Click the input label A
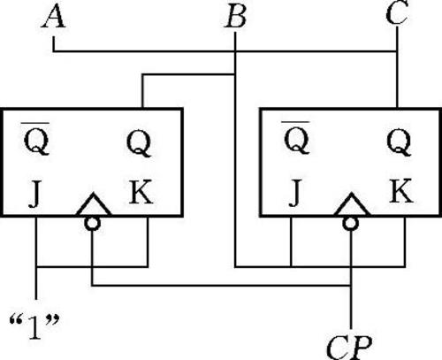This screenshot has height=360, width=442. point(53,16)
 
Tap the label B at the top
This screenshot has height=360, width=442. point(235,17)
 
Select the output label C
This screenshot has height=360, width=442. point(397,12)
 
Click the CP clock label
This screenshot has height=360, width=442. point(349,347)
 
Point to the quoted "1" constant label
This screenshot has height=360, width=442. point(34,326)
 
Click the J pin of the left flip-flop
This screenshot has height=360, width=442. point(34,193)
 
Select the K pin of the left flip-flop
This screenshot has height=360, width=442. point(141,192)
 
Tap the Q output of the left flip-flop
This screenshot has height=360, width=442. point(139,143)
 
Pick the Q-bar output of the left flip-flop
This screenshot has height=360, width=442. point(36,138)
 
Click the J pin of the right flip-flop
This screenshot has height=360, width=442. point(295,193)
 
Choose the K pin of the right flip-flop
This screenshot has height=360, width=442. point(401,191)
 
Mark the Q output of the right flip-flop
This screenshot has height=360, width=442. point(399,142)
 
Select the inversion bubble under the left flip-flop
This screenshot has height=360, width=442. point(92,223)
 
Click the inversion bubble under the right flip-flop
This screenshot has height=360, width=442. point(351,223)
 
